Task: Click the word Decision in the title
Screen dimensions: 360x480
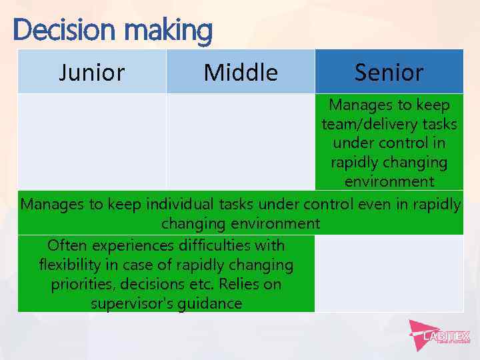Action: click(54, 30)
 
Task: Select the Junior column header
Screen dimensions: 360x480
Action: click(91, 72)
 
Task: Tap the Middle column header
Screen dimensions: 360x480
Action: click(240, 72)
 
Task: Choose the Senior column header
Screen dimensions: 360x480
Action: click(389, 72)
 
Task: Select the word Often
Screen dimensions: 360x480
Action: click(70, 245)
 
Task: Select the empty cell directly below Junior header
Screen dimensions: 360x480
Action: click(91, 141)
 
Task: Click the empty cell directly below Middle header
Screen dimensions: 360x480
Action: click(240, 141)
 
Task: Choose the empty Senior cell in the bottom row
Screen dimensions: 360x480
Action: click(389, 273)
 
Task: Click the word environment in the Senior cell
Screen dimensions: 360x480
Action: click(389, 181)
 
